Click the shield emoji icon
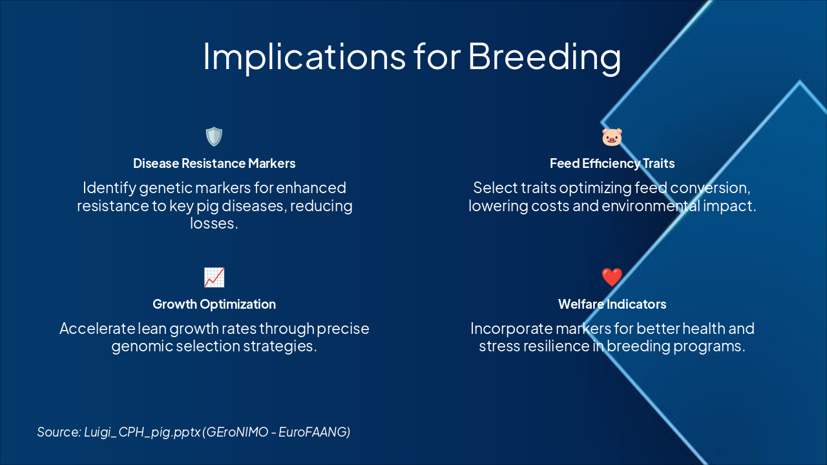tap(214, 136)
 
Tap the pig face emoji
tap(612, 137)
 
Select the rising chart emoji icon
tap(214, 278)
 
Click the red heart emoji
tap(612, 278)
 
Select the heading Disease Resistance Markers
tap(214, 163)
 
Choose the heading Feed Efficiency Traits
tap(612, 163)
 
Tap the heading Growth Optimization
tap(214, 304)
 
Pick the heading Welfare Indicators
tap(612, 304)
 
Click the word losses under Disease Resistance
tap(214, 223)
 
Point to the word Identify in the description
tap(110, 188)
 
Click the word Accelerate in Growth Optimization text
tap(97, 329)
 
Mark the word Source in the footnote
tap(59, 432)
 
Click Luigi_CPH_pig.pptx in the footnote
tap(142, 433)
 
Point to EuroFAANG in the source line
tap(314, 432)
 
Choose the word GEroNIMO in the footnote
tap(236, 432)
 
